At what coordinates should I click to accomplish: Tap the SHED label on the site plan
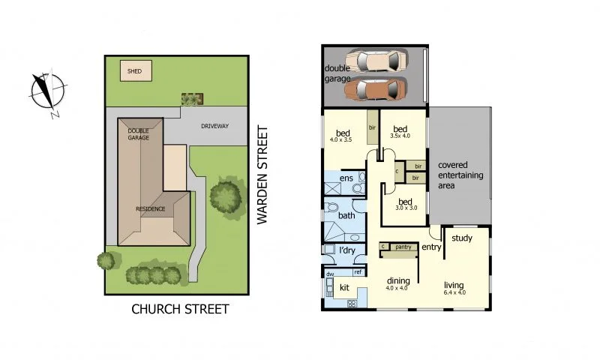(x=134, y=72)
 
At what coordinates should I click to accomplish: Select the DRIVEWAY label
(x=214, y=126)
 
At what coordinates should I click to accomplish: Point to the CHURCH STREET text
(x=180, y=309)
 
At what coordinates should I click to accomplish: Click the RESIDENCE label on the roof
(x=150, y=208)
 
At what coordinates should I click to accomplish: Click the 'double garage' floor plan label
(x=337, y=73)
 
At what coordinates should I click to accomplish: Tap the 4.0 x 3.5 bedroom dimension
(x=341, y=139)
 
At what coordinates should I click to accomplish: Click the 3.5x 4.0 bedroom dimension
(x=400, y=136)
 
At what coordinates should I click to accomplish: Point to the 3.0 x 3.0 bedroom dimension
(x=404, y=208)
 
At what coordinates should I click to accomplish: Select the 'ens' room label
(x=346, y=178)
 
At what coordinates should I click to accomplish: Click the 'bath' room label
(x=346, y=215)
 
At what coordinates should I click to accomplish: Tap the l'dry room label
(x=347, y=250)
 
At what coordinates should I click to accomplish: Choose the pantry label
(x=403, y=246)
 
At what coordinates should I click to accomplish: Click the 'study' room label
(x=461, y=239)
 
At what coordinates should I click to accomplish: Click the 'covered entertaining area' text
(x=460, y=175)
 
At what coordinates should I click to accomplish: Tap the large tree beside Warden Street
(x=225, y=196)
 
